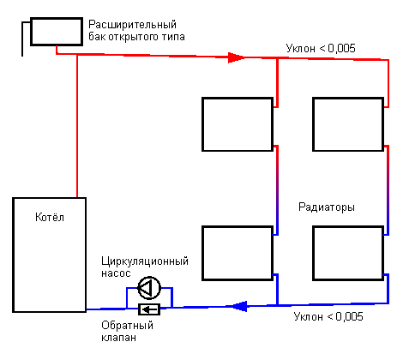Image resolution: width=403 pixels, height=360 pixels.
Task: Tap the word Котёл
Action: (50, 217)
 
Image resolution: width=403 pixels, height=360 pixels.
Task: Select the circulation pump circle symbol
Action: (149, 288)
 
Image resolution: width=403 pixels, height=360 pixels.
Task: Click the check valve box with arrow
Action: (149, 309)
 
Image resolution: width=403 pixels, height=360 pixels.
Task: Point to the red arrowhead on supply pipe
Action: (236, 57)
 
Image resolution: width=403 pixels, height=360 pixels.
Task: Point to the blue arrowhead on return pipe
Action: (239, 306)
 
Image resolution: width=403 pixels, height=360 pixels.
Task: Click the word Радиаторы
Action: (327, 207)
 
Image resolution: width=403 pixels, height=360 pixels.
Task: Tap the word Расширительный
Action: (132, 25)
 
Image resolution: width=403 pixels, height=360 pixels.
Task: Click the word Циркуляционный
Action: (145, 261)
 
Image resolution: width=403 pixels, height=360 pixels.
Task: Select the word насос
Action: (116, 273)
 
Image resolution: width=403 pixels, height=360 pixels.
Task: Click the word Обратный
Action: (128, 326)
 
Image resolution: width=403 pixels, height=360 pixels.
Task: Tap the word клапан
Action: (118, 338)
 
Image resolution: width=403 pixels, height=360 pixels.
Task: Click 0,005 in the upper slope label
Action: (341, 49)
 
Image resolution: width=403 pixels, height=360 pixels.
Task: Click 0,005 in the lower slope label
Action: (349, 316)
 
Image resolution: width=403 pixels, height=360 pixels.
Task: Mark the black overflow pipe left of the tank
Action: (22, 39)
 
